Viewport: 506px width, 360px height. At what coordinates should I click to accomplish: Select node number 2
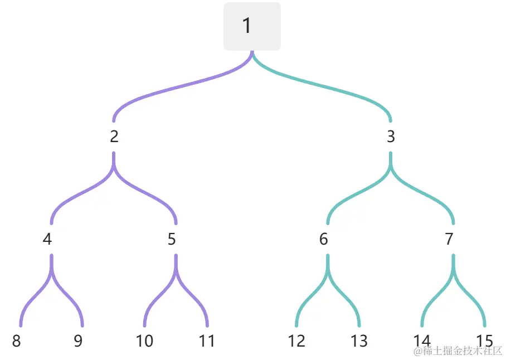point(114,137)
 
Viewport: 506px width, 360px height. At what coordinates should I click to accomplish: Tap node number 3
point(391,137)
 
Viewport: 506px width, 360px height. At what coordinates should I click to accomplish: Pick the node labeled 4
point(47,239)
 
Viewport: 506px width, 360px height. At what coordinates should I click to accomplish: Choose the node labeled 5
point(172,239)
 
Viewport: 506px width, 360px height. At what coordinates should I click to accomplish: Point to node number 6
point(324,239)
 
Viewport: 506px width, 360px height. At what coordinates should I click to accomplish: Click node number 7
point(449,239)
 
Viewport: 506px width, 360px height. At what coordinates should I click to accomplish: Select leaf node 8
point(16,341)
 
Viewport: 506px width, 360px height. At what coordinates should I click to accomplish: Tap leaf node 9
point(78,341)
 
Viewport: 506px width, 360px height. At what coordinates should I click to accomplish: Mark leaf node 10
point(144,341)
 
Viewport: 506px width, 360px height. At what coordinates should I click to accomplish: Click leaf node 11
point(207,341)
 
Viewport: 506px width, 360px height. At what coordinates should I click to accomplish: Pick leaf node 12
point(296,341)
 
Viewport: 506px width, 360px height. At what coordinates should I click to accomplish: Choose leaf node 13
point(359,341)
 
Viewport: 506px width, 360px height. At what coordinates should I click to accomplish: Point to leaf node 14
point(422,341)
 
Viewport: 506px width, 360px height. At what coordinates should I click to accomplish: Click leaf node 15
point(485,341)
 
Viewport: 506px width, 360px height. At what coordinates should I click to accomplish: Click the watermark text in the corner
point(458,351)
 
